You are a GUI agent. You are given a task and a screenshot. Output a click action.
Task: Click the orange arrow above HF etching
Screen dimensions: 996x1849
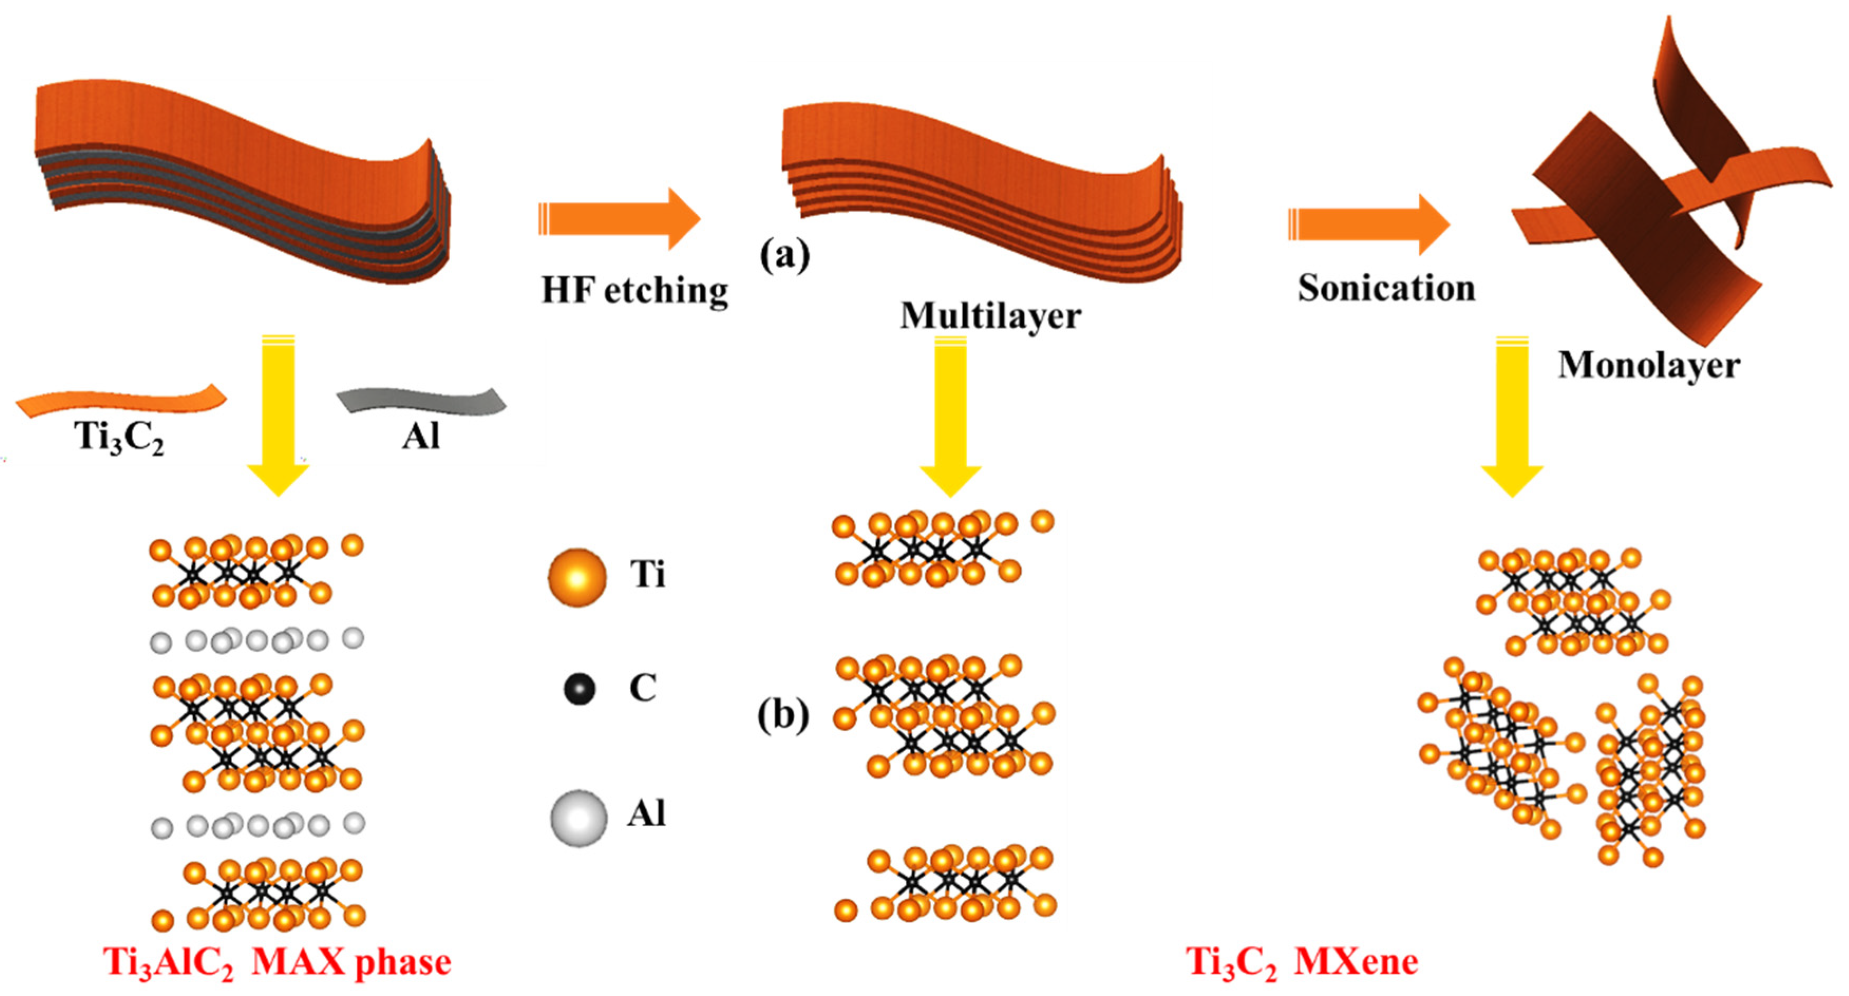coord(619,219)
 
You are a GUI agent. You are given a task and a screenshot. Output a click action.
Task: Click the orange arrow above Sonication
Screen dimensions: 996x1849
coord(1368,225)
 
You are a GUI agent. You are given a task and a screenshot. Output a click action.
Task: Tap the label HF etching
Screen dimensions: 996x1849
coord(634,291)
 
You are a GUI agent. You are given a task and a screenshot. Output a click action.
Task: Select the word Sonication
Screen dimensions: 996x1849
coord(1386,288)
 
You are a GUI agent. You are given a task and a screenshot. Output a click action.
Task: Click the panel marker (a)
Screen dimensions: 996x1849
coord(784,255)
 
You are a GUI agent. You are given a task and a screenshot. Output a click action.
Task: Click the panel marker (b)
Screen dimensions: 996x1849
coord(783,715)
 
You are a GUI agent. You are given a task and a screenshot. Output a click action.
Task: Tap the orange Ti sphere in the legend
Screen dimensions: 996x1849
coord(576,577)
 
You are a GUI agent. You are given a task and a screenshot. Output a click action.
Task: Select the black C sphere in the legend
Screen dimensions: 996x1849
coord(579,689)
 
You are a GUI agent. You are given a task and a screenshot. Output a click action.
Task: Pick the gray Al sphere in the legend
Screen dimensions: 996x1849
coord(578,818)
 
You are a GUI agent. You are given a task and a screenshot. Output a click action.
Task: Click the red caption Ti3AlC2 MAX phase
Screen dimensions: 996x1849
coord(277,962)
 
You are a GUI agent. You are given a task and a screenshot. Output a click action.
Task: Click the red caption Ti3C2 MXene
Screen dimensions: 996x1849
coord(1301,962)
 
